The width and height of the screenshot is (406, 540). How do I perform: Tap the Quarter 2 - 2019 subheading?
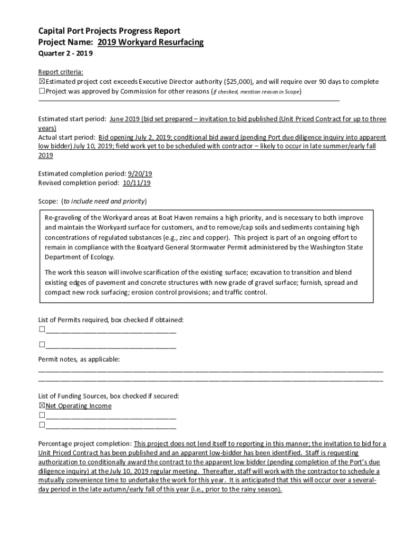click(66, 54)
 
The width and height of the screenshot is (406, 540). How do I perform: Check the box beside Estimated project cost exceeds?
click(42, 82)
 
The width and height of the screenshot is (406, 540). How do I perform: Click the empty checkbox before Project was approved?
click(42, 91)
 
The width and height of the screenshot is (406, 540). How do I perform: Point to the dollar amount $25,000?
click(238, 82)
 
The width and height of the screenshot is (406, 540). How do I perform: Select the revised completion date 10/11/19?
click(137, 183)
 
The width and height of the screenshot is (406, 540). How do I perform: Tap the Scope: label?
click(49, 201)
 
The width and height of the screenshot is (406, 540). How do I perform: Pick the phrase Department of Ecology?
click(79, 257)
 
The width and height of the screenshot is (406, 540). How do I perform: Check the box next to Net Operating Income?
click(42, 406)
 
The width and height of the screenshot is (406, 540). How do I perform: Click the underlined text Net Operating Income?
click(79, 406)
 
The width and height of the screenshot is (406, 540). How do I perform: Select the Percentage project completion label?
click(85, 443)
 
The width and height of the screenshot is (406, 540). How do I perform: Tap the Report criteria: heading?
click(61, 72)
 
